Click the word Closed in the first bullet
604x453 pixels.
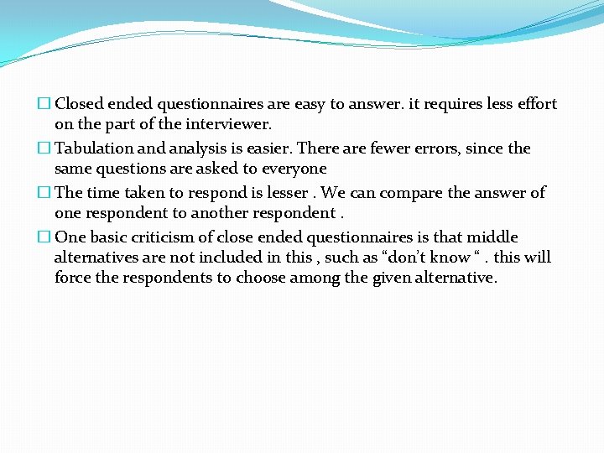[79, 105]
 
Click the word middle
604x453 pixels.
[492, 237]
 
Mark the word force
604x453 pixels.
[73, 278]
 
